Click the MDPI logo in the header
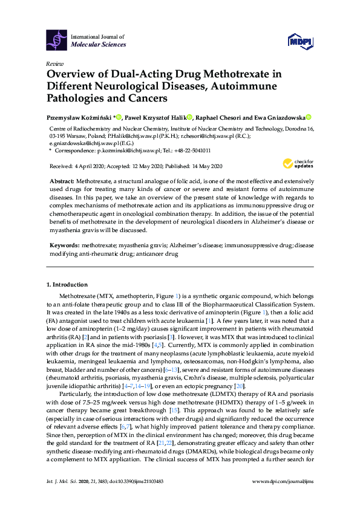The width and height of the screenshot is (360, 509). [301, 41]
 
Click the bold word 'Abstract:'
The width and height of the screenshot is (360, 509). [62, 181]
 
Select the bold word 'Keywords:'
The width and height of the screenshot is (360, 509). [64, 247]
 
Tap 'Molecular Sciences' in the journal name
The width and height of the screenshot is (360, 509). [99, 45]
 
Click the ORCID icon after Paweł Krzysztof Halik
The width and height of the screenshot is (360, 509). [189, 117]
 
